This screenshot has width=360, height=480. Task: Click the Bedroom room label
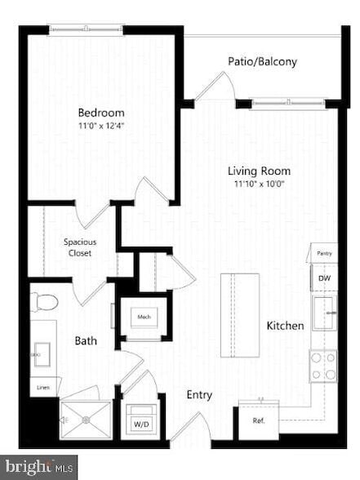click(100, 113)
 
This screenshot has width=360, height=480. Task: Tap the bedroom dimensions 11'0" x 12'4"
click(100, 126)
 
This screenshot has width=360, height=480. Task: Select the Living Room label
click(258, 171)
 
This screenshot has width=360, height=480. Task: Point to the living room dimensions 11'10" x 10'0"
click(258, 184)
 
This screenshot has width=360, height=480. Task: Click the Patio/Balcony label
click(261, 61)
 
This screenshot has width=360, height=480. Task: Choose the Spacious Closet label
click(78, 247)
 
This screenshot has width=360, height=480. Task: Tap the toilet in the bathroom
click(46, 302)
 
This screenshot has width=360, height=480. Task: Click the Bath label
click(87, 340)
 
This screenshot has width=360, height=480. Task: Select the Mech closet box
click(144, 318)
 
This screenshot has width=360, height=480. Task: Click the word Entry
click(199, 395)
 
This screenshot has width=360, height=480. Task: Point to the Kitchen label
click(285, 326)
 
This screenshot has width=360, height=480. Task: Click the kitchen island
click(240, 313)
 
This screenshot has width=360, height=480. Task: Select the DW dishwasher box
click(324, 278)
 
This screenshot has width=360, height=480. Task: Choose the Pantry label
click(324, 255)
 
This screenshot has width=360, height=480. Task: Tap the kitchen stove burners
click(323, 365)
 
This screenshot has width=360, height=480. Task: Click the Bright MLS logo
click(38, 468)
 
